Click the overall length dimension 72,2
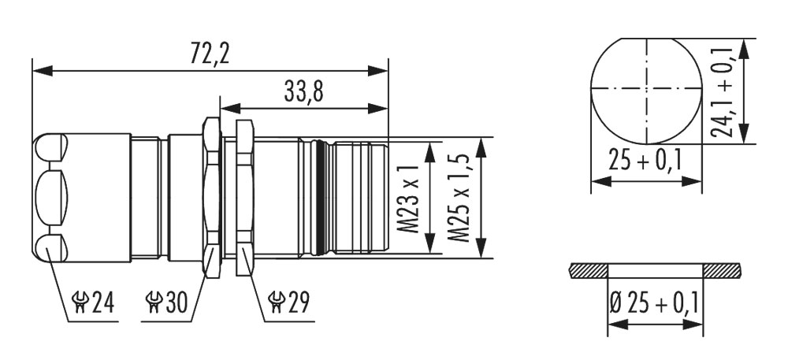coord(209,54)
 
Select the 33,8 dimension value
coord(303,91)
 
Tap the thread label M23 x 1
coord(411,199)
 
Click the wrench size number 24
coord(103,302)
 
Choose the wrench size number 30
coord(177,302)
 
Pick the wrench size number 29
coord(299,302)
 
